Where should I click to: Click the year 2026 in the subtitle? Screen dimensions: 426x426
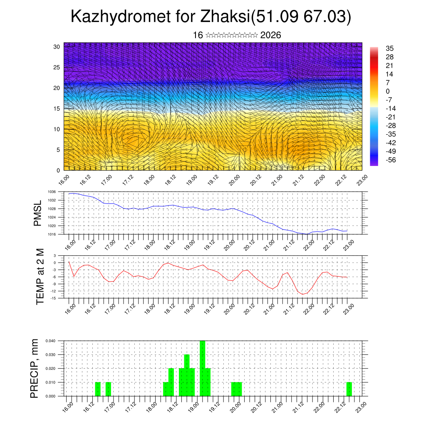tap(270, 35)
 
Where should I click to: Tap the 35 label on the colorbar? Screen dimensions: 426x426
tap(390, 48)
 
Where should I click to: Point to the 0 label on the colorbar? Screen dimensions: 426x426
tap(388, 91)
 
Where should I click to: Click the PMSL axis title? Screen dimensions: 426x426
tap(38, 213)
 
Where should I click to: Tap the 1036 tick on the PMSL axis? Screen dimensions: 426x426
tap(52, 192)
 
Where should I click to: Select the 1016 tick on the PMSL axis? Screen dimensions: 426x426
tap(52, 234)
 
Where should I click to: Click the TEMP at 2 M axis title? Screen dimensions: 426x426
tap(40, 277)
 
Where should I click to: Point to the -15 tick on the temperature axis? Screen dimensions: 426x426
tap(53, 298)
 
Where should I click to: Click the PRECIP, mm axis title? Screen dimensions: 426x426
tap(35, 369)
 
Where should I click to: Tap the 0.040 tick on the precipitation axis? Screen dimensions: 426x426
tap(50, 341)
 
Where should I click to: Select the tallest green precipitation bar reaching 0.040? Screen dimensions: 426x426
tap(203, 368)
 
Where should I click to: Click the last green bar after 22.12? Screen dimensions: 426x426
tap(349, 389)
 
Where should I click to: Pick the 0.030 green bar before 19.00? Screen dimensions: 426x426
tap(187, 374)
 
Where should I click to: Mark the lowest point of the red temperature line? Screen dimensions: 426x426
tap(304, 294)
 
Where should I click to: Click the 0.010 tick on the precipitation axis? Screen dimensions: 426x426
tap(50, 382)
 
